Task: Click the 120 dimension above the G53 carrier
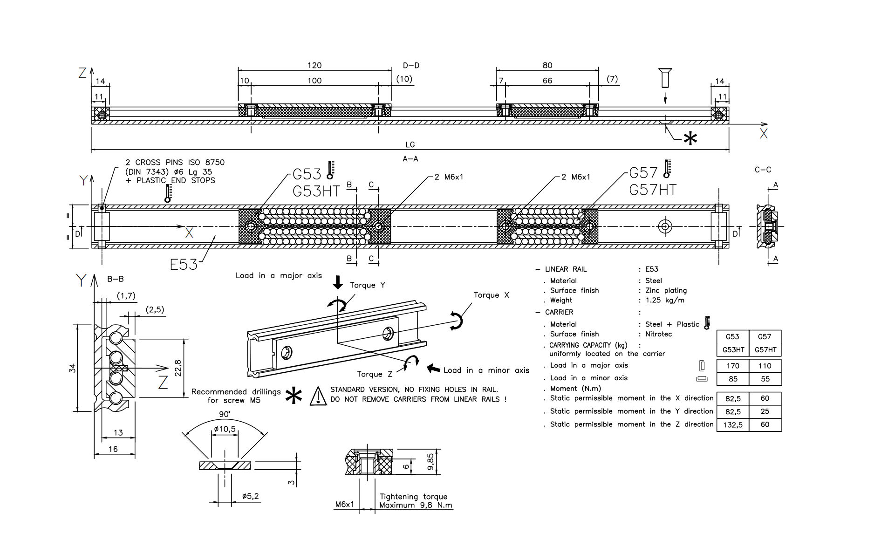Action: click(x=314, y=66)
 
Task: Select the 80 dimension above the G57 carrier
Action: click(x=547, y=66)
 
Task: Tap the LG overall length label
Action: click(x=410, y=145)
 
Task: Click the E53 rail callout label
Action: click(x=184, y=265)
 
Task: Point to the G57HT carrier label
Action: click(x=652, y=190)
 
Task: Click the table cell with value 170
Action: click(x=733, y=366)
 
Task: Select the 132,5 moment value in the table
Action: click(x=733, y=425)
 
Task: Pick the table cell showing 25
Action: click(x=765, y=411)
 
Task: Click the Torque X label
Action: click(x=492, y=295)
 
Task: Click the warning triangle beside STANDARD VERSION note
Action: click(x=318, y=396)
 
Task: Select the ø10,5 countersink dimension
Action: click(x=225, y=429)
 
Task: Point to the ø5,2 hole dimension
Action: click(x=250, y=497)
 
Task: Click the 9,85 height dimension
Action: click(x=430, y=462)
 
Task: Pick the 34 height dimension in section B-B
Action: click(x=73, y=368)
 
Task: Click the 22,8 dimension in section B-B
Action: click(x=178, y=368)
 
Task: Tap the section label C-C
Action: click(x=763, y=170)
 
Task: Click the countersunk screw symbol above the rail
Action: click(x=665, y=77)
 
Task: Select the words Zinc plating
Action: click(x=666, y=290)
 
